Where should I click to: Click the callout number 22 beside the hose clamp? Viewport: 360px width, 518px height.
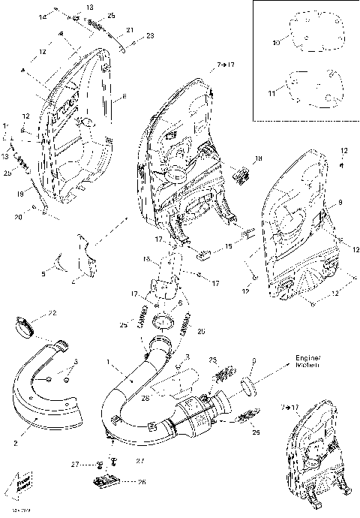pyautogui.click(x=52, y=312)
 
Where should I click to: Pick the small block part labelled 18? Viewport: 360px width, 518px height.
pyautogui.click(x=241, y=175)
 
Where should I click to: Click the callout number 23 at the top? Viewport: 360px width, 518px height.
pyautogui.click(x=150, y=35)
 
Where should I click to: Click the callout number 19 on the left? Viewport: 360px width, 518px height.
pyautogui.click(x=20, y=194)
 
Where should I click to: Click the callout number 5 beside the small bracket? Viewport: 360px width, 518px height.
pyautogui.click(x=43, y=274)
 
